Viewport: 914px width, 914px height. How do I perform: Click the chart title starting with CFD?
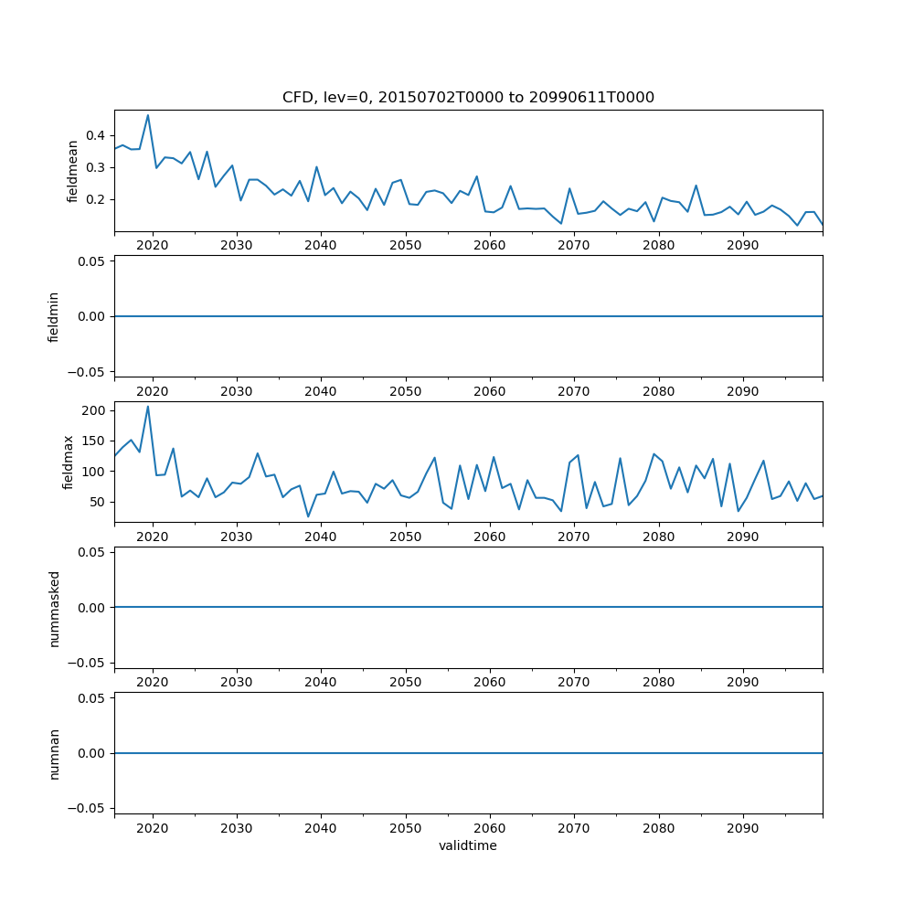pyautogui.click(x=468, y=98)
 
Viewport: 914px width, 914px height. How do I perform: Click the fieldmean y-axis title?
pyautogui.click(x=72, y=171)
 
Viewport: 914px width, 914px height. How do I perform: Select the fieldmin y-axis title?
pyautogui.click(x=54, y=316)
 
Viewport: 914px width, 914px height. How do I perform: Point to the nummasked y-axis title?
pyautogui.click(x=54, y=607)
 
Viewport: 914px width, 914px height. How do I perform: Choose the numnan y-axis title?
pyautogui.click(x=54, y=753)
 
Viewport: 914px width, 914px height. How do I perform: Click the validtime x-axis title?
pyautogui.click(x=468, y=845)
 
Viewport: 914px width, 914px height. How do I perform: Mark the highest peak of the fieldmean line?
pyautogui.click(x=148, y=115)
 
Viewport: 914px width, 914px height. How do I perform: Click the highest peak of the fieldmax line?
pyautogui.click(x=148, y=407)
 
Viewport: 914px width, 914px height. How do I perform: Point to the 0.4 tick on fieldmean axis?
pyautogui.click(x=95, y=135)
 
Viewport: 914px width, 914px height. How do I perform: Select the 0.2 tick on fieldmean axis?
pyautogui.click(x=95, y=199)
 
